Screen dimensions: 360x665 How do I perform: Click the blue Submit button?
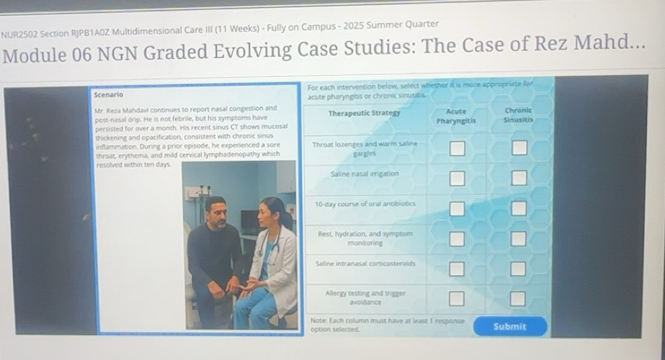[509, 326]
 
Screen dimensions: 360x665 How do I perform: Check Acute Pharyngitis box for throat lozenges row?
[457, 149]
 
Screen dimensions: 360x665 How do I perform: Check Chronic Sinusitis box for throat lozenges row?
[519, 149]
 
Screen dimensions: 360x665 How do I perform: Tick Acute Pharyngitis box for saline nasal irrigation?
[457, 178]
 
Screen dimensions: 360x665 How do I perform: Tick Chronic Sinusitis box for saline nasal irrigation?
[519, 178]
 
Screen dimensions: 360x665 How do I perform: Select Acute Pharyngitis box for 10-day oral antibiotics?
[457, 209]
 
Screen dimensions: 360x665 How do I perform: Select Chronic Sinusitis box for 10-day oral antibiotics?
[519, 209]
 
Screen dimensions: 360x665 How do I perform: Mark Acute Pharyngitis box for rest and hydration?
[457, 238]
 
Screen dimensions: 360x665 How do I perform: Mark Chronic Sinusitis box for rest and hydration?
[519, 238]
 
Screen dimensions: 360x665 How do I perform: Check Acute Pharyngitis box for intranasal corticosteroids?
[457, 269]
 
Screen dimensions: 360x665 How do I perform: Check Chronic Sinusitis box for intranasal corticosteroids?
[519, 269]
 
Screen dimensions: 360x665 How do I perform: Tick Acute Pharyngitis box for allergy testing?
[457, 298]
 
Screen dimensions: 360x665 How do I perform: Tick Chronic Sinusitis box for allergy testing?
[519, 298]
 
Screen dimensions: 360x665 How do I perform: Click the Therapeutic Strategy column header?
[364, 114]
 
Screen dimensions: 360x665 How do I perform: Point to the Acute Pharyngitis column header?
[456, 116]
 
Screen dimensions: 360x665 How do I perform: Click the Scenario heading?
[108, 94]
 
